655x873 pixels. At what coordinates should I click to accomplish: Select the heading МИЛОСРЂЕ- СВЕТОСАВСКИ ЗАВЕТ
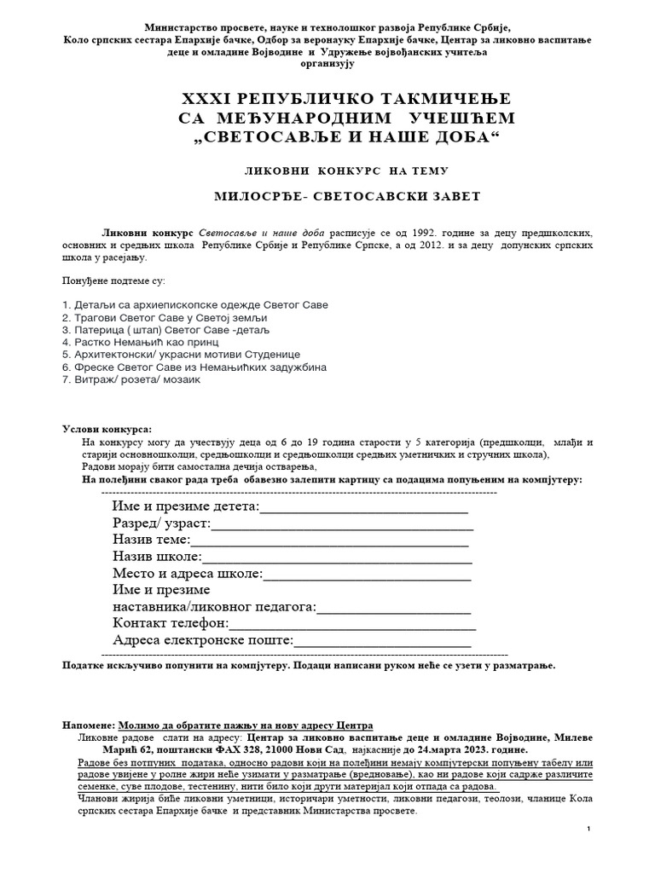point(327,196)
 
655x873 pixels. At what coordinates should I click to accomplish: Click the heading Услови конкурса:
point(107,428)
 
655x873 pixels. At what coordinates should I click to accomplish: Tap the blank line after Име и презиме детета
point(363,509)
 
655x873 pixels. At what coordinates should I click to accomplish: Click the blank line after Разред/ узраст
point(341,524)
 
